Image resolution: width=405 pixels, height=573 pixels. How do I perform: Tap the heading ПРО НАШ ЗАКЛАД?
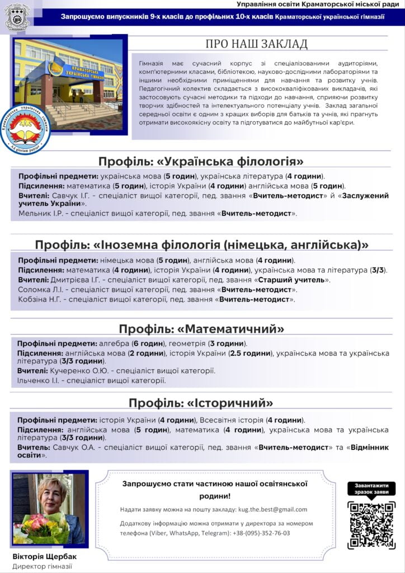256,44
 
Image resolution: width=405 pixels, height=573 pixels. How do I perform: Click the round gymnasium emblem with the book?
25,129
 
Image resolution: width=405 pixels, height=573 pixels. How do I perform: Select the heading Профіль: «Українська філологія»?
201,162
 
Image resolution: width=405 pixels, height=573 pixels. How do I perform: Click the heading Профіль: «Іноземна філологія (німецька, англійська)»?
201,245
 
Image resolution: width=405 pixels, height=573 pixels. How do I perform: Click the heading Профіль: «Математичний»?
201,328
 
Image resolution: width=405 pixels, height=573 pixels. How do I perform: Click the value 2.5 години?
250,353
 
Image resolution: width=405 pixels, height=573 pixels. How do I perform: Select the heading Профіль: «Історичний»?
201,403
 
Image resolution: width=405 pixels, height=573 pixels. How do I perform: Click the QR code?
371,525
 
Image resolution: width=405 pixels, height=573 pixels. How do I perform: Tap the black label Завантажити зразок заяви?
371,488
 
